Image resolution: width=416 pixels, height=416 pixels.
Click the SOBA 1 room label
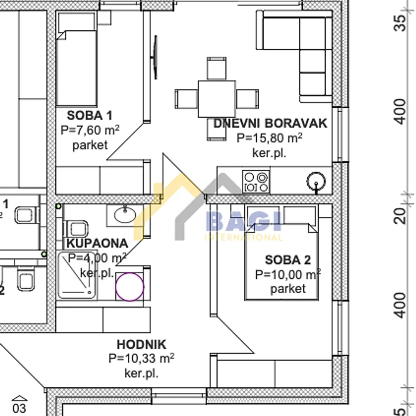pyautogui.click(x=90, y=115)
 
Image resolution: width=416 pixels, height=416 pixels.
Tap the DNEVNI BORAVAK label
pyautogui.click(x=270, y=124)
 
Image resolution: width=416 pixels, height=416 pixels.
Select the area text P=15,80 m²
pyautogui.click(x=269, y=138)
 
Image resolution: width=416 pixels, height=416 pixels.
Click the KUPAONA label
pyautogui.click(x=97, y=243)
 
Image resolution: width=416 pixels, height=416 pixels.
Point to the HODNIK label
pyautogui.click(x=142, y=344)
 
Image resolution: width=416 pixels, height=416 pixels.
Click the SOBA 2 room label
pyautogui.click(x=288, y=260)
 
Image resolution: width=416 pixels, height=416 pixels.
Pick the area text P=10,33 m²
pyautogui.click(x=141, y=359)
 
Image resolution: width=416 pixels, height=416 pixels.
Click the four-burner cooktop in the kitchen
pyautogui.click(x=256, y=182)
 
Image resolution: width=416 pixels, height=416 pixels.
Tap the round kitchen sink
pyautogui.click(x=316, y=181)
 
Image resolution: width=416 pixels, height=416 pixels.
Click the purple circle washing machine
pyautogui.click(x=130, y=287)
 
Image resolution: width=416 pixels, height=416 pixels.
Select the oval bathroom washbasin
pyautogui.click(x=125, y=215)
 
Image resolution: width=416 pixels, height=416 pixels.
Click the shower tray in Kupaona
pyautogui.click(x=77, y=275)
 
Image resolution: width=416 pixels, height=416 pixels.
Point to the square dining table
pyautogui.click(x=216, y=99)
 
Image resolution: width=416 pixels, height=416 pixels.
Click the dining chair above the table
pyautogui.click(x=216, y=68)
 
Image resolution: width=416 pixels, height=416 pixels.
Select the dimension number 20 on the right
pyautogui.click(x=400, y=216)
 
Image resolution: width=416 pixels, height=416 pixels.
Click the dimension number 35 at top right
pyautogui.click(x=400, y=23)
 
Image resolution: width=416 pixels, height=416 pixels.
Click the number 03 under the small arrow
pyautogui.click(x=20, y=409)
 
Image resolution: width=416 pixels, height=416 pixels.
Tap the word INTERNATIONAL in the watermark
pyautogui.click(x=243, y=237)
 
